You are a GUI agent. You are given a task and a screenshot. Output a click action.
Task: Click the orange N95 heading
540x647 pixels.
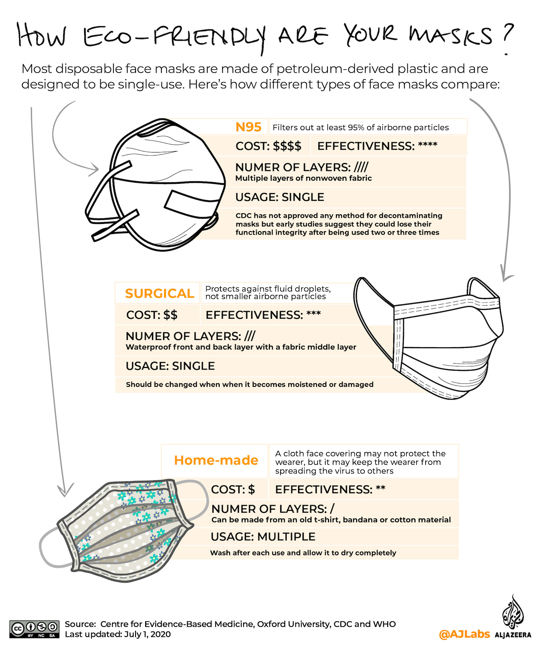(248, 127)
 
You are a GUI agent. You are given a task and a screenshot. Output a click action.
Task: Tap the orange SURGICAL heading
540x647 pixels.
(159, 293)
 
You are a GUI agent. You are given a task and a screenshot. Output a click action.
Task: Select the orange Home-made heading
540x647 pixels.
(216, 460)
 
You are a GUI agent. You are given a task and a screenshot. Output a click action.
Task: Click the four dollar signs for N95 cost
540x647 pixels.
(287, 146)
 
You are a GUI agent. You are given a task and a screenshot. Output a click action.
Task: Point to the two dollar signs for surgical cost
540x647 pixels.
(170, 315)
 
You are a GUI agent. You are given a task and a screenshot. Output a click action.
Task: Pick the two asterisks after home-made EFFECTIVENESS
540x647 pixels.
(380, 488)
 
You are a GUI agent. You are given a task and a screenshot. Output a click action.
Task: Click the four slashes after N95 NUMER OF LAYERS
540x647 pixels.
(361, 167)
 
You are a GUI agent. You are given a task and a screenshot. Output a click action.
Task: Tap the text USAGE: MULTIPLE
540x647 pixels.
(263, 537)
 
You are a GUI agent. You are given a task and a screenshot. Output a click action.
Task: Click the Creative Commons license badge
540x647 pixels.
(34, 629)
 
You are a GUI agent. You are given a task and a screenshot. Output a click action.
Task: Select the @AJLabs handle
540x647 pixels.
(464, 634)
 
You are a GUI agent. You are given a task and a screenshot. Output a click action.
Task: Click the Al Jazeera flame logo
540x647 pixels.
(513, 612)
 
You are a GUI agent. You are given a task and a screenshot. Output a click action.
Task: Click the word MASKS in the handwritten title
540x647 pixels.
(451, 35)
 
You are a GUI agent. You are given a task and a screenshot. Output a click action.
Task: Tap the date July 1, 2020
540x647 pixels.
(147, 634)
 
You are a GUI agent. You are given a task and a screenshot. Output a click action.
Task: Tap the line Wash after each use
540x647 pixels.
(303, 553)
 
